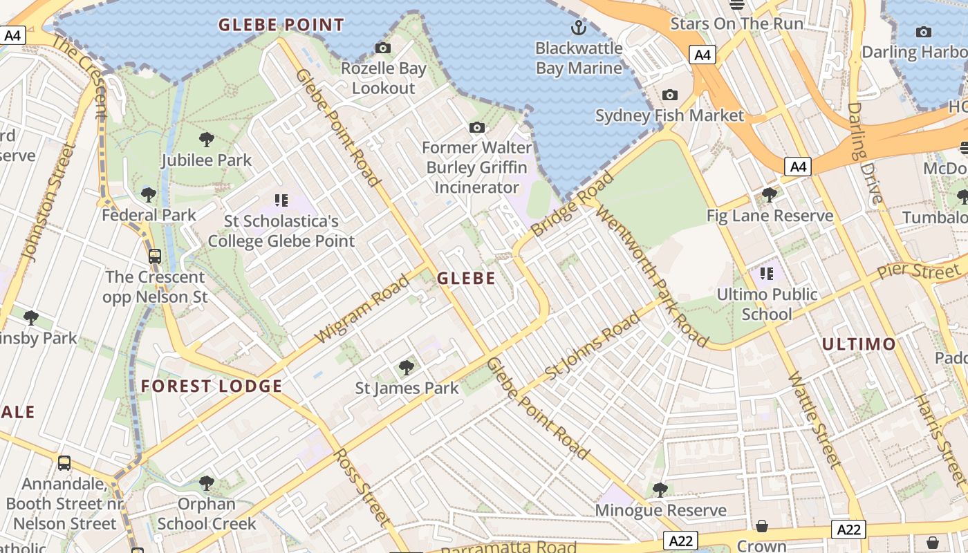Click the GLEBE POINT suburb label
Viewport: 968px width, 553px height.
click(281, 26)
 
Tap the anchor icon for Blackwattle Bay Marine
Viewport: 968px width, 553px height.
click(578, 28)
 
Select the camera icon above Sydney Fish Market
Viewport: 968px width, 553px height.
click(669, 95)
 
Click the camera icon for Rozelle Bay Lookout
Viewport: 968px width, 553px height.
click(382, 48)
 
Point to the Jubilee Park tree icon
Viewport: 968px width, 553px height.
click(206, 140)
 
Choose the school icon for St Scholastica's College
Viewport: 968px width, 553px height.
click(281, 201)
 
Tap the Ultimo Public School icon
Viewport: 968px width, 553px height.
click(766, 274)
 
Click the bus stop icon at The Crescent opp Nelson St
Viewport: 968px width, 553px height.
click(155, 256)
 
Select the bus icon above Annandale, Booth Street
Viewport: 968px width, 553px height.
click(64, 463)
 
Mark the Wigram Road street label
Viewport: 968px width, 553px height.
click(362, 309)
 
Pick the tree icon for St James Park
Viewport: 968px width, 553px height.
click(407, 367)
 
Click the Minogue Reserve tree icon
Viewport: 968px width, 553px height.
click(660, 490)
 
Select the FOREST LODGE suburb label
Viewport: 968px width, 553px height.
click(212, 386)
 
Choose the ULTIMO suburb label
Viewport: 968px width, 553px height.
click(859, 344)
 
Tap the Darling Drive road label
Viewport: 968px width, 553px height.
click(864, 153)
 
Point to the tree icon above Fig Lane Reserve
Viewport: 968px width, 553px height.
click(769, 196)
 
